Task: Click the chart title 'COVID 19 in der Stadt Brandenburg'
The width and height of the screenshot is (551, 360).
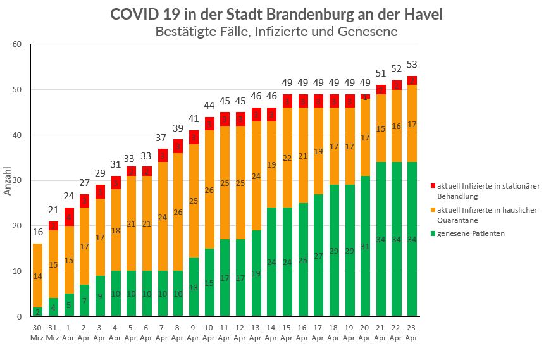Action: click(x=276, y=15)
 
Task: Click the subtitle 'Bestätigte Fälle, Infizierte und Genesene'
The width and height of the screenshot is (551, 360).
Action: click(x=276, y=31)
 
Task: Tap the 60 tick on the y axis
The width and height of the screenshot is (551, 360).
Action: click(x=17, y=44)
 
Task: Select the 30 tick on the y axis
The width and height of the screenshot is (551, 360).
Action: click(x=17, y=180)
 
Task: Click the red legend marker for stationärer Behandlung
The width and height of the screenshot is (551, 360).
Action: click(x=433, y=185)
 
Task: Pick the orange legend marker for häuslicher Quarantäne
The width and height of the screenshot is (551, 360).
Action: click(x=433, y=209)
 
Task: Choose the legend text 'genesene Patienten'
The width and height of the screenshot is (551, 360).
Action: click(x=469, y=234)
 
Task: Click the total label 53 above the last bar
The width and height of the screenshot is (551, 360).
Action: click(x=412, y=64)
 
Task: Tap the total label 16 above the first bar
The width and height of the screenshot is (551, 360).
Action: click(x=38, y=232)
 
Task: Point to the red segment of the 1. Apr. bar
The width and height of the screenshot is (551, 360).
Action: click(x=70, y=216)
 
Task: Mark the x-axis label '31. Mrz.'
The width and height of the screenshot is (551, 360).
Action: click(x=54, y=333)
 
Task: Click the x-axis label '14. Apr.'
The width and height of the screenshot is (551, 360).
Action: click(x=271, y=333)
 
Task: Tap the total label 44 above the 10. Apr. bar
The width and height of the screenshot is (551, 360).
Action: click(x=209, y=105)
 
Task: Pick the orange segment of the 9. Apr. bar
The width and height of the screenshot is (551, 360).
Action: click(x=194, y=201)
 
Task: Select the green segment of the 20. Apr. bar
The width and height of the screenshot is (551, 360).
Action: click(x=365, y=246)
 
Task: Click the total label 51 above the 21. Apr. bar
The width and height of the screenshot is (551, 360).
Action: click(x=381, y=73)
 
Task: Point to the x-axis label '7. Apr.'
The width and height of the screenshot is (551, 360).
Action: click(x=163, y=333)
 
